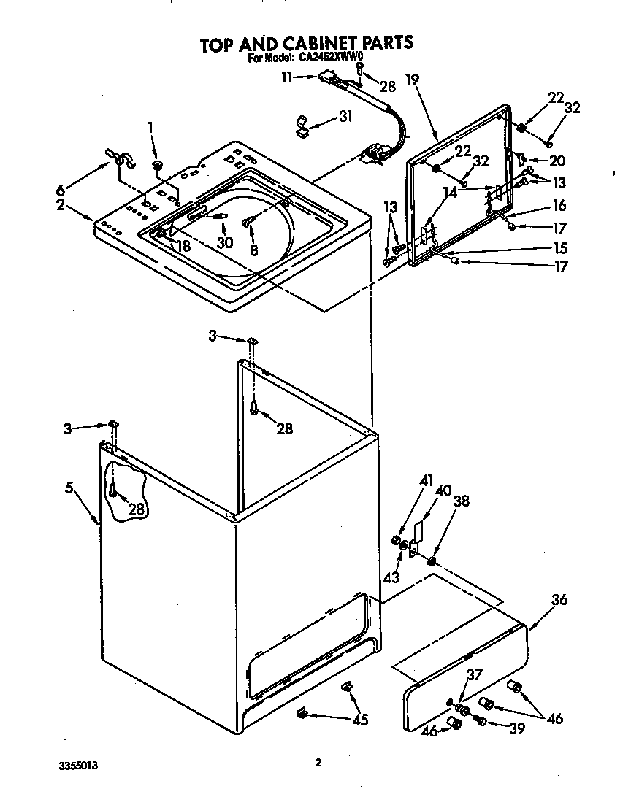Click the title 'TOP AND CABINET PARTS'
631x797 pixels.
point(307,43)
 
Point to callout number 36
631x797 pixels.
point(559,600)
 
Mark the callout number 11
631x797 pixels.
point(288,76)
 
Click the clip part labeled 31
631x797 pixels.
point(302,126)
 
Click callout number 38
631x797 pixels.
point(461,501)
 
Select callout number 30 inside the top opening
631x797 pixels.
point(225,242)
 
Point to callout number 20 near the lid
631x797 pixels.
point(557,161)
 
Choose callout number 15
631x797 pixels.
point(560,247)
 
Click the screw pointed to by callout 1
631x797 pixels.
point(157,166)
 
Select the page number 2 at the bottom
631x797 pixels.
point(318,763)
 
